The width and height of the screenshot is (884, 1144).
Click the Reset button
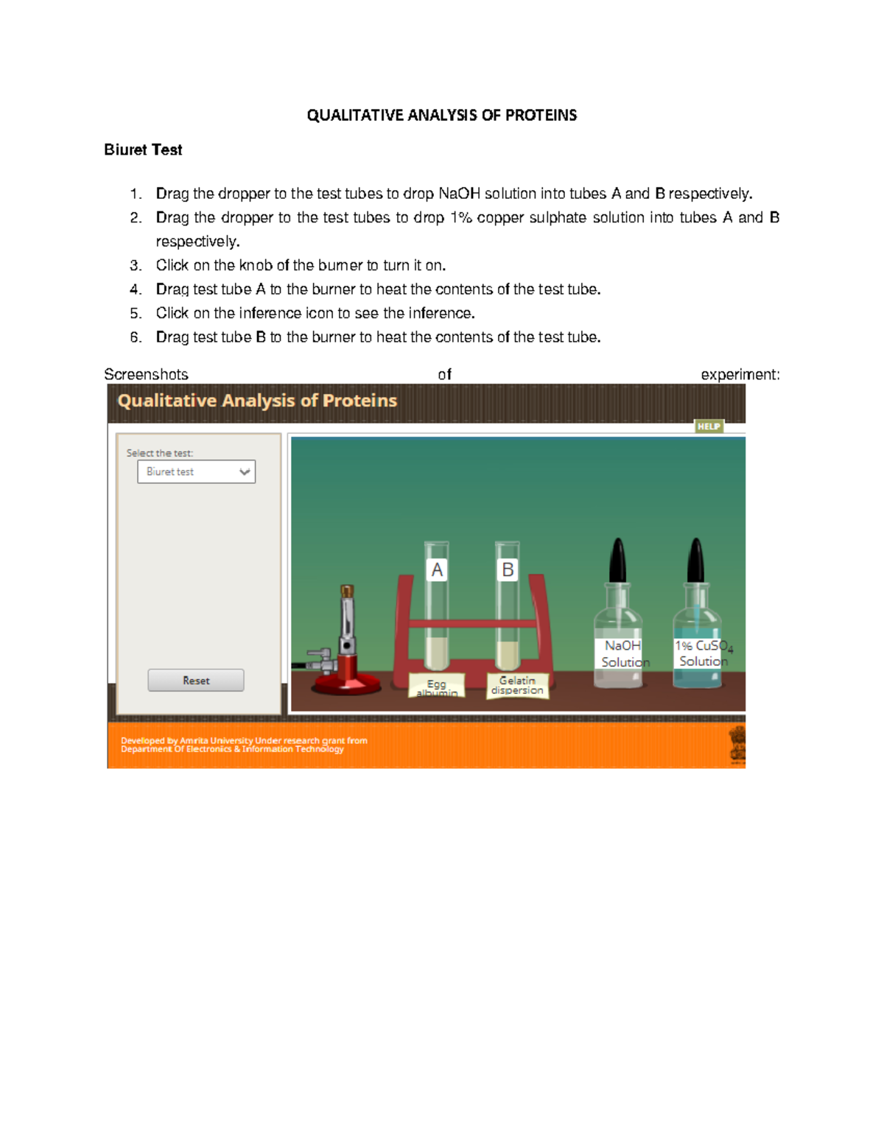(x=196, y=680)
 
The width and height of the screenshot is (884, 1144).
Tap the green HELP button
(x=709, y=427)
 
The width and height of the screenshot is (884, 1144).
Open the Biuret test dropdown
(x=197, y=471)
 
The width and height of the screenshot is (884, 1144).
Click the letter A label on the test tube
(x=436, y=569)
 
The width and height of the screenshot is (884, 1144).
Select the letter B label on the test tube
(x=508, y=569)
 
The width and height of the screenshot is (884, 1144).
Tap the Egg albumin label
(x=436, y=686)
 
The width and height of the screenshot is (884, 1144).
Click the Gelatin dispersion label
(x=517, y=686)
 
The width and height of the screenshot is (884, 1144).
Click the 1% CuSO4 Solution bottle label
(x=702, y=653)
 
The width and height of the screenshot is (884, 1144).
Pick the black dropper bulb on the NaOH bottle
(x=618, y=560)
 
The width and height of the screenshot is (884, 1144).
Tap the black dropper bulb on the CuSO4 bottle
(x=696, y=560)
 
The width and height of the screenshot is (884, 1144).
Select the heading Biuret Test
(x=143, y=150)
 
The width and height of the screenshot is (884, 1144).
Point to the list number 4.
(x=136, y=289)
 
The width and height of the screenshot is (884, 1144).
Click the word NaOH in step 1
(x=460, y=194)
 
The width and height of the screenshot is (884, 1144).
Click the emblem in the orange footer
(x=737, y=745)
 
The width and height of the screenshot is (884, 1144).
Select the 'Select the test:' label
(x=160, y=453)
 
